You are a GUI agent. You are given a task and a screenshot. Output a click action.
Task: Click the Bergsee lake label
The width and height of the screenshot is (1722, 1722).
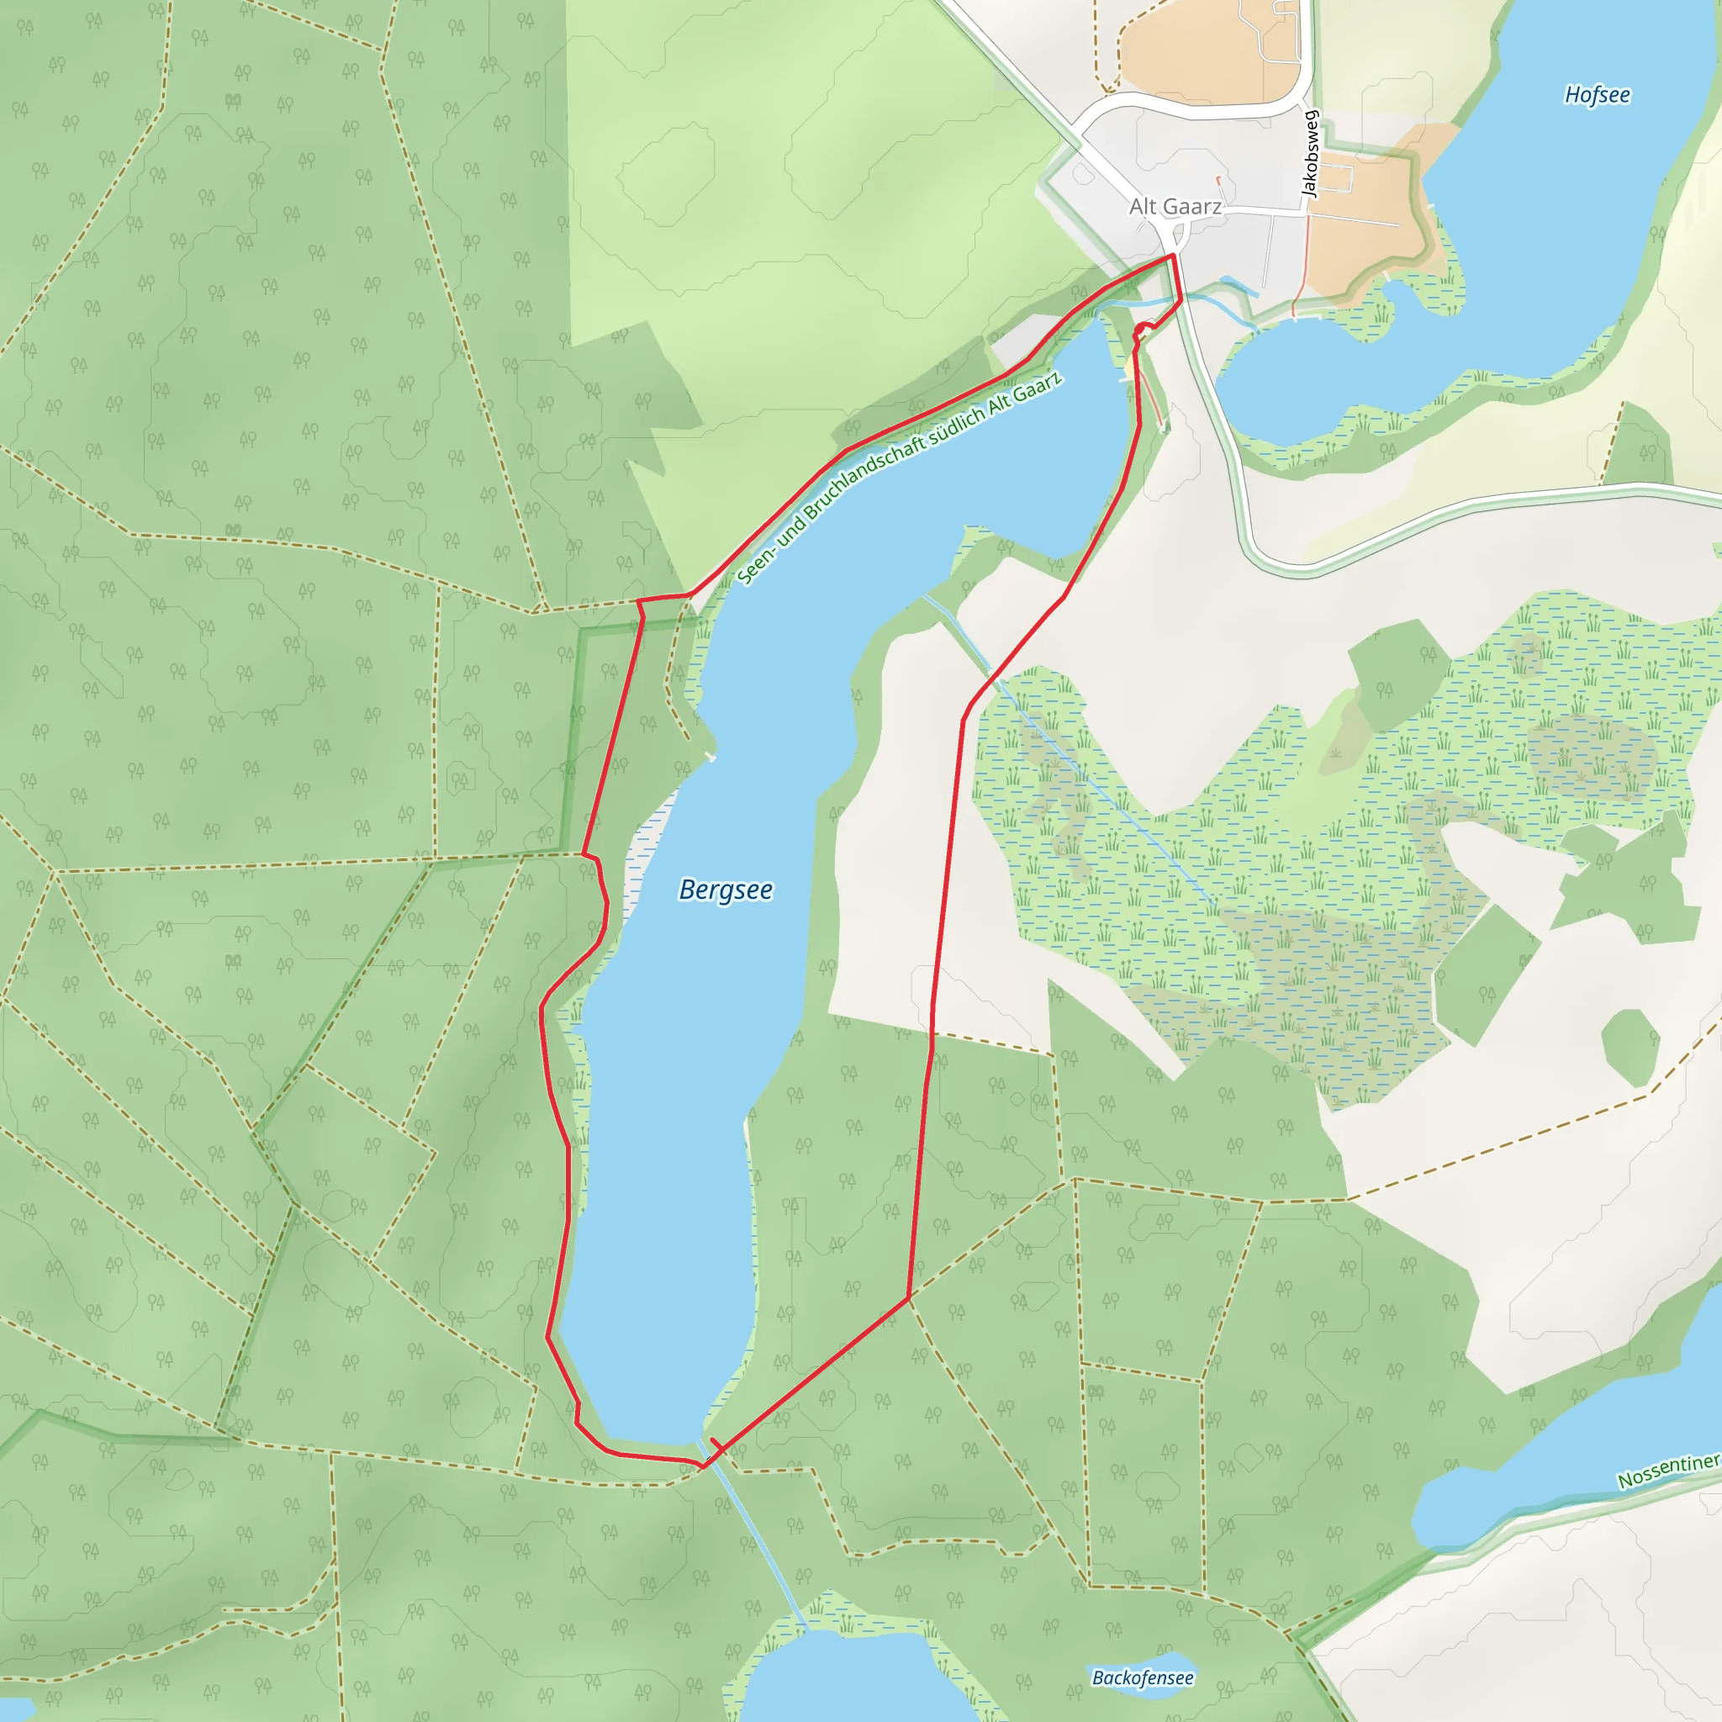coord(726,890)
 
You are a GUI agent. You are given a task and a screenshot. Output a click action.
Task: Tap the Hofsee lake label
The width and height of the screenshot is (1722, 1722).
coord(1598,95)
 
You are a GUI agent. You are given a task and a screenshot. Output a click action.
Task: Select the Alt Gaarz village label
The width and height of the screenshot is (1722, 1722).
coord(1175,207)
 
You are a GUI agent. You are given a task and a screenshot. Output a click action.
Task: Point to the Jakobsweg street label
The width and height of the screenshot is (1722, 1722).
coord(1309,153)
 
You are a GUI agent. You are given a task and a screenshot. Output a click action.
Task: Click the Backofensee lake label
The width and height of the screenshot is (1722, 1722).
coord(1143,1677)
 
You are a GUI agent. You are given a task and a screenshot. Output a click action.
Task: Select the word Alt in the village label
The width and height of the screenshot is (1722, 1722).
coord(1144,207)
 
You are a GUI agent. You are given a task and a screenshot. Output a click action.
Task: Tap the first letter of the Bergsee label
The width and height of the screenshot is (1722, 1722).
coord(687,890)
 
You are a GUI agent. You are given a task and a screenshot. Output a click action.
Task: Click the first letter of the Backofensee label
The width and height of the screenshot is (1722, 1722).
coord(1098,1677)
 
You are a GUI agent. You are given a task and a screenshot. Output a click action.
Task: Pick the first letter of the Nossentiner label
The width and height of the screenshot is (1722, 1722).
coord(1624,1481)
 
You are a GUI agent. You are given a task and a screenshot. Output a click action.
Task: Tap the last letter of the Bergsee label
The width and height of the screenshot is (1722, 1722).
coord(767,890)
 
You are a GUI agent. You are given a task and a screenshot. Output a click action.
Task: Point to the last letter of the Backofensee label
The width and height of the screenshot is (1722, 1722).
coord(1188,1677)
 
